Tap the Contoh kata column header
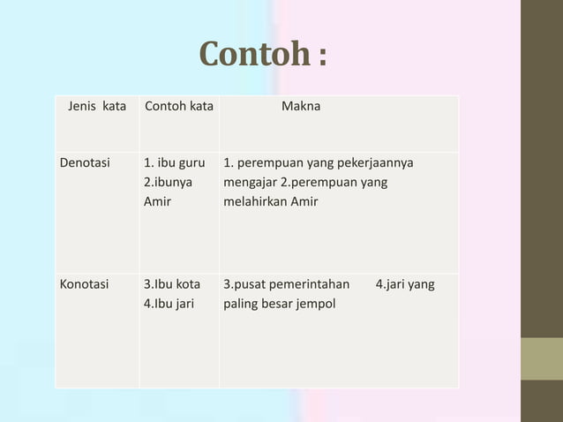point(178,107)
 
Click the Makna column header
point(301,107)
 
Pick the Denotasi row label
point(85,163)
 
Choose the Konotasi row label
point(84,285)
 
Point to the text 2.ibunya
point(169,183)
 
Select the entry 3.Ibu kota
point(171,285)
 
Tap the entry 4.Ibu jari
point(169,305)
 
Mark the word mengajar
point(250,183)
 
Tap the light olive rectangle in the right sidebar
point(541,358)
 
